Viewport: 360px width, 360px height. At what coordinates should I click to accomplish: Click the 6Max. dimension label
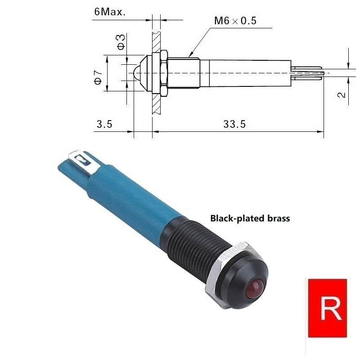coord(110,12)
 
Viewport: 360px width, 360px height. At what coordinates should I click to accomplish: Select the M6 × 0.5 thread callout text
coord(235,21)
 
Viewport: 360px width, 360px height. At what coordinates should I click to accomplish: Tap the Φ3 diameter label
coord(121,42)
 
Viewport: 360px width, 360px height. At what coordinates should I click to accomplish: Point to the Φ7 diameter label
coord(98,77)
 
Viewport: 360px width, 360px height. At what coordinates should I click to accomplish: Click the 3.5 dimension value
coord(104,124)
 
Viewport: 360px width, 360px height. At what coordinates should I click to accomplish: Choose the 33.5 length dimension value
coord(234,124)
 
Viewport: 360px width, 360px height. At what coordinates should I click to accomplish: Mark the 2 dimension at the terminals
coord(342,94)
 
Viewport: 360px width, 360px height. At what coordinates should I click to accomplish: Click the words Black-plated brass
coord(250,218)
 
